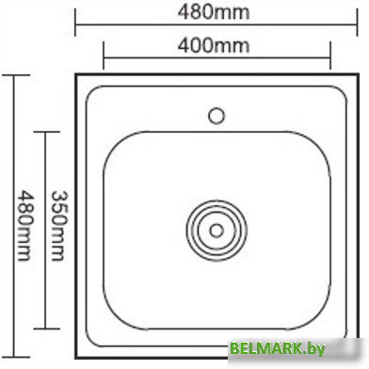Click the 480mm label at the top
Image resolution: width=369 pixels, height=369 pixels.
click(215, 12)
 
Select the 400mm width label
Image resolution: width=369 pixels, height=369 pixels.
click(216, 43)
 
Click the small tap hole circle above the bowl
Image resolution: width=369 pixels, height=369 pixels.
click(216, 117)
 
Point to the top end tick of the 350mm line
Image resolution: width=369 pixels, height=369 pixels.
click(44, 132)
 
